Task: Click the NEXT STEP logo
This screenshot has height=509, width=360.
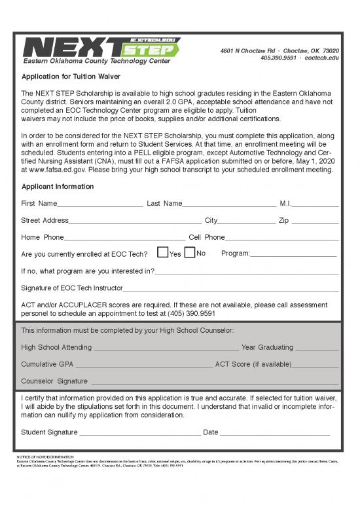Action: pos(101,47)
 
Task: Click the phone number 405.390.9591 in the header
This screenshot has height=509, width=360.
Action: pos(281,58)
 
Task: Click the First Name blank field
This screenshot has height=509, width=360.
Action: pos(99,204)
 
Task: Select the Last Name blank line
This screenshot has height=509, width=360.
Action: pos(228,204)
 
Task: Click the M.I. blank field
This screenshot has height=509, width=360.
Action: pos(315,204)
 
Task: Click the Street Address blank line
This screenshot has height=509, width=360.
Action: pos(135,221)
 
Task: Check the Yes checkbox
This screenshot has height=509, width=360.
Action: pos(162,254)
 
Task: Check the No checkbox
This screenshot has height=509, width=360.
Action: pos(190,254)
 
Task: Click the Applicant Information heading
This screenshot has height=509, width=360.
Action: pos(57,187)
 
